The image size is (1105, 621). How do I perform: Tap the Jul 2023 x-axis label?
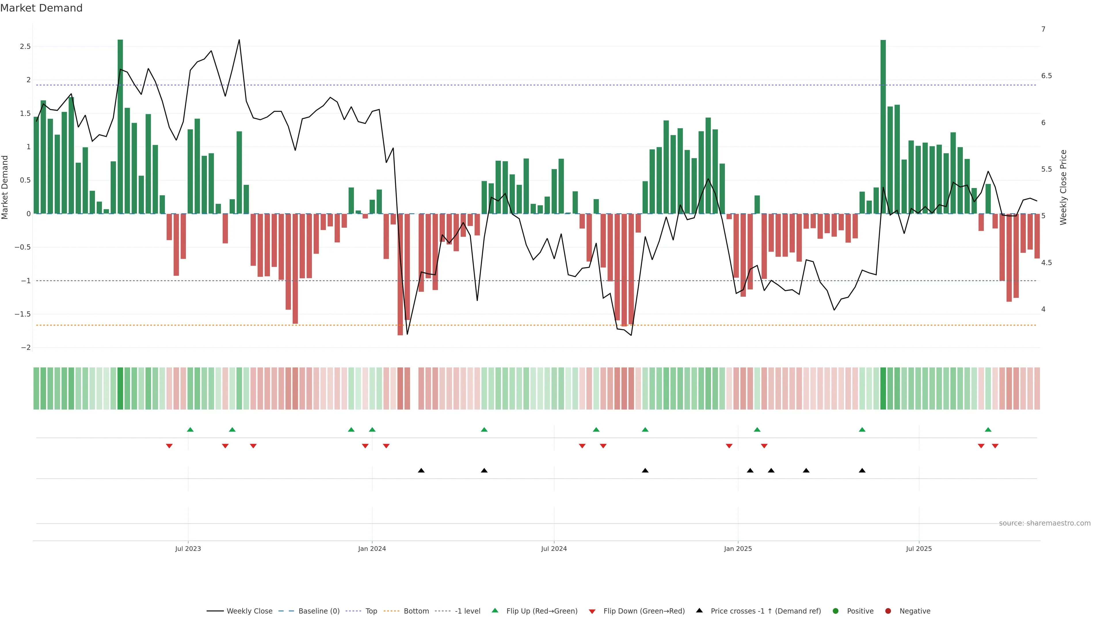(188, 549)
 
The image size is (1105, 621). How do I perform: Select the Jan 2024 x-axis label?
(372, 549)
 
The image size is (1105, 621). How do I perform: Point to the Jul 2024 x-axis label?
(554, 549)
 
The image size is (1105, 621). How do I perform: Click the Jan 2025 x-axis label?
(738, 549)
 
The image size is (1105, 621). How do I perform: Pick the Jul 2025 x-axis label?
(919, 549)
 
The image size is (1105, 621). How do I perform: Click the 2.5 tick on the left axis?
(25, 46)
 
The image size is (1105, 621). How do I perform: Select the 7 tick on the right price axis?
(1043, 29)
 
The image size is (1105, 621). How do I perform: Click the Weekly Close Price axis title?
(1063, 187)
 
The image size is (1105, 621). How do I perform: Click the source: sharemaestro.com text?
(1045, 523)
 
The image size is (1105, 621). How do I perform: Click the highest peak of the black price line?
(239, 40)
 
